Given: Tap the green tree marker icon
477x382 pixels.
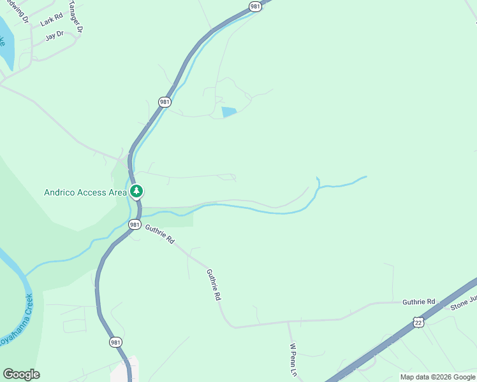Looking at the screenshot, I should tap(136, 191).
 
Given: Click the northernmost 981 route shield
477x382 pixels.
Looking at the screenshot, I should tap(255, 6).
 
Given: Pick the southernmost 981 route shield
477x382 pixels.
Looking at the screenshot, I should tap(115, 342).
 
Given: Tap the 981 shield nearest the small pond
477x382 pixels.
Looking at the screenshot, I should tap(165, 102).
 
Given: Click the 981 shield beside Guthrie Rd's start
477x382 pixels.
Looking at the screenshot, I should tap(134, 225).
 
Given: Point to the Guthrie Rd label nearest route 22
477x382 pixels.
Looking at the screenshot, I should tap(418, 302).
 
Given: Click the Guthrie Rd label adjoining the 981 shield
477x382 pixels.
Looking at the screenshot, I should tap(159, 234).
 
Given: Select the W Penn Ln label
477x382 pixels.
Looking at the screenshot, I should tap(294, 360).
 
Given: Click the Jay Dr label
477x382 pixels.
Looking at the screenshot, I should tap(55, 36).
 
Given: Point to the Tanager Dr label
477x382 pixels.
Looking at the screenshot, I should tap(77, 17).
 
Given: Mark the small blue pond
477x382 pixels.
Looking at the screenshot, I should tap(229, 112).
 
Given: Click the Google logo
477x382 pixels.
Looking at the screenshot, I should tap(21, 374).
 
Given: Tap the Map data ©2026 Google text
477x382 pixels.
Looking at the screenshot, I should tap(437, 377).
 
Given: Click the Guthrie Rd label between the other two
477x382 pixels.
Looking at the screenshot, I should tap(214, 285).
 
